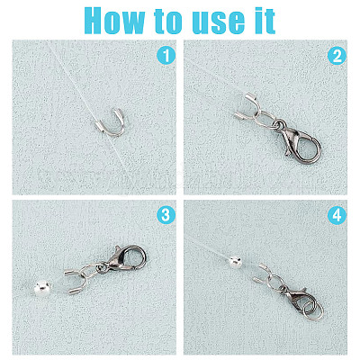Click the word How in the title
115,20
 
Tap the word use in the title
219,22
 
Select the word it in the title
265,20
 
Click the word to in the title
168,22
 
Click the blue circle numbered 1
166,56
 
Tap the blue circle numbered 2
337,56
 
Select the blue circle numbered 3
166,215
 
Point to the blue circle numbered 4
337,215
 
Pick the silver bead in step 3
42,288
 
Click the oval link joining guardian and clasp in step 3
94,267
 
